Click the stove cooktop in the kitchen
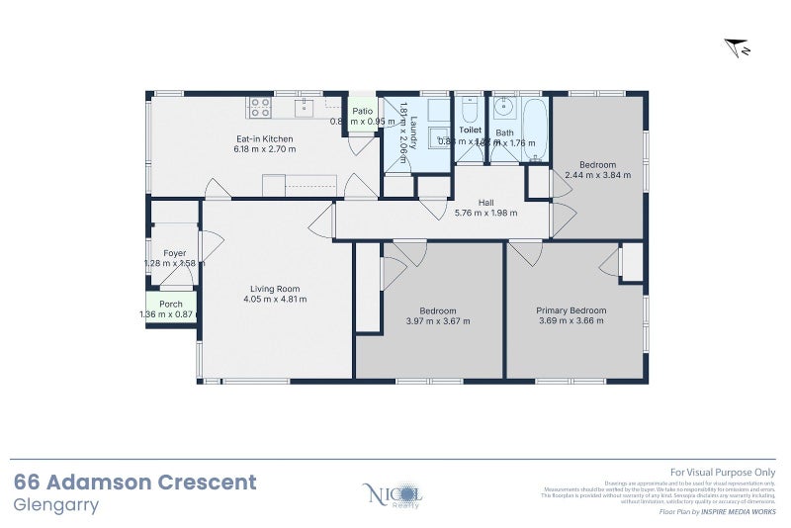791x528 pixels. click(260, 106)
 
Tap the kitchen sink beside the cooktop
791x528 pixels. click(305, 104)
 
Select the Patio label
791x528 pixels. click(363, 111)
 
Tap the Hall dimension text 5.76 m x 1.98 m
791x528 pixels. click(485, 213)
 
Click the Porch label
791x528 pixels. click(170, 305)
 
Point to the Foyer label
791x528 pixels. click(174, 253)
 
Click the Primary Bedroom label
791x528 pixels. click(571, 310)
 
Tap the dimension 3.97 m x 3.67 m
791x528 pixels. click(438, 321)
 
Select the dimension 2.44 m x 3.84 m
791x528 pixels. click(597, 175)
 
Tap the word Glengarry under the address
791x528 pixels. click(56, 504)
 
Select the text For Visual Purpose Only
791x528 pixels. click(723, 473)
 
